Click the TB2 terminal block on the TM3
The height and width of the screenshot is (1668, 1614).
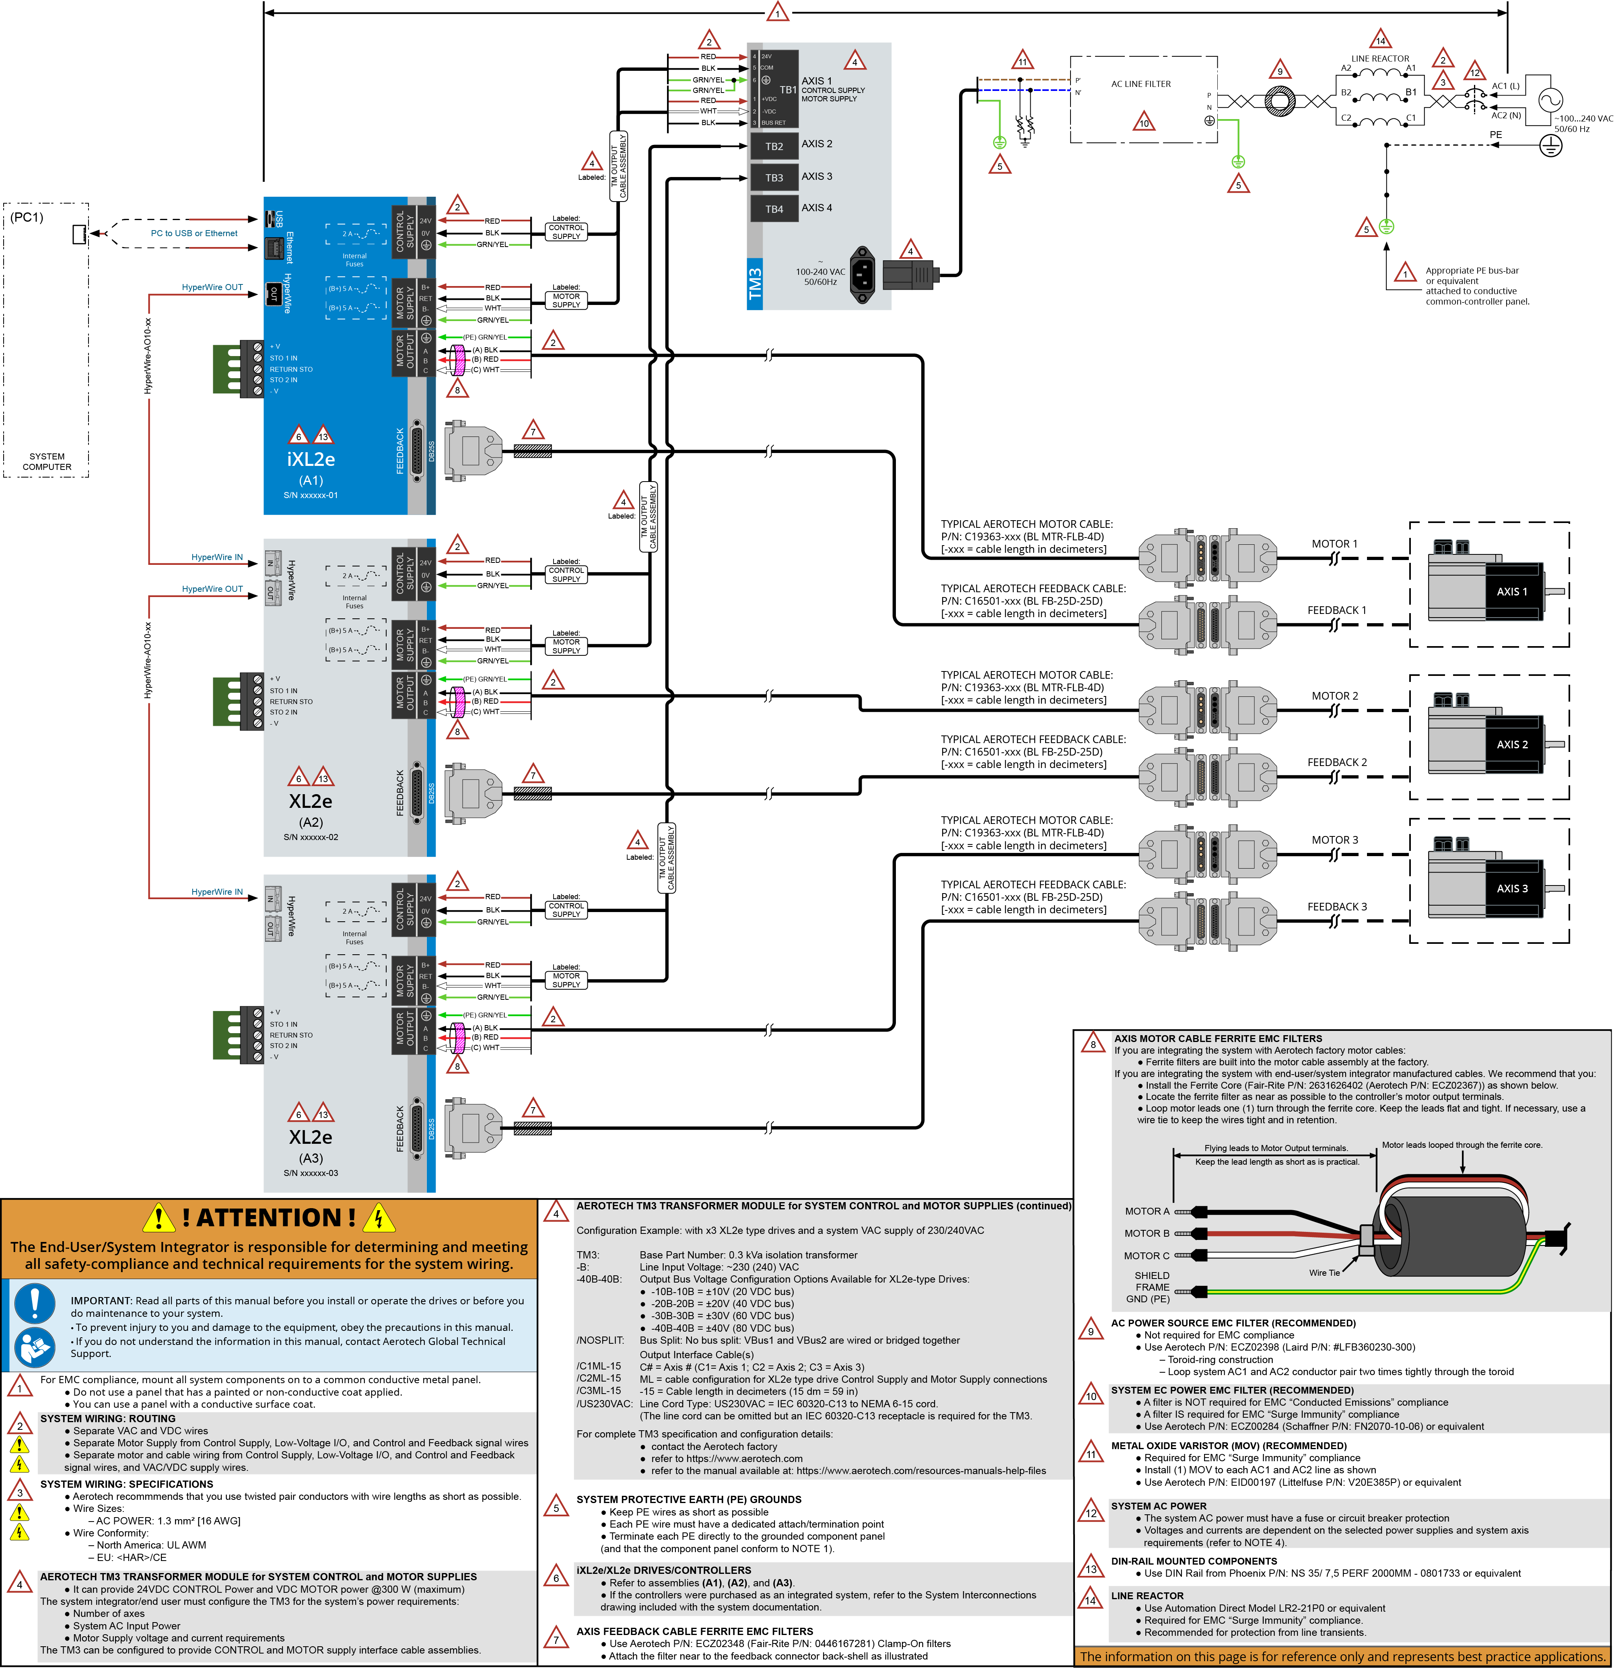click(773, 146)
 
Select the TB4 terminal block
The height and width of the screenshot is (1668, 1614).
click(773, 208)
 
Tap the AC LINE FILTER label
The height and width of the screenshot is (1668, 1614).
click(1140, 84)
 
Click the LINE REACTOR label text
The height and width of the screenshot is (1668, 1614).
click(1379, 59)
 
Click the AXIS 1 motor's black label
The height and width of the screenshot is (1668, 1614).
click(1512, 591)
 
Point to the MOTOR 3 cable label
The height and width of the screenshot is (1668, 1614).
click(1334, 840)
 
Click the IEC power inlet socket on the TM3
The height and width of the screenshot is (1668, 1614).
click(862, 274)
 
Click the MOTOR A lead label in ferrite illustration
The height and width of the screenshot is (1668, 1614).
click(1147, 1211)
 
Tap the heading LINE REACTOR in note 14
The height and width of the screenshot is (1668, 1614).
click(1147, 1596)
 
